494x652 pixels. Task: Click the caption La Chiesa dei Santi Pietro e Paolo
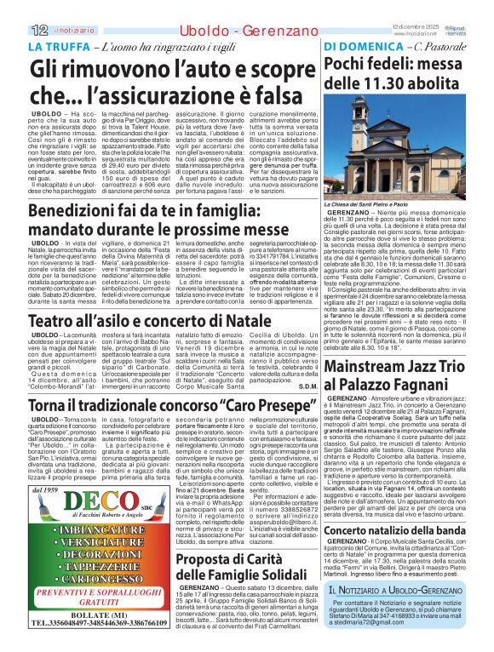370,205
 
